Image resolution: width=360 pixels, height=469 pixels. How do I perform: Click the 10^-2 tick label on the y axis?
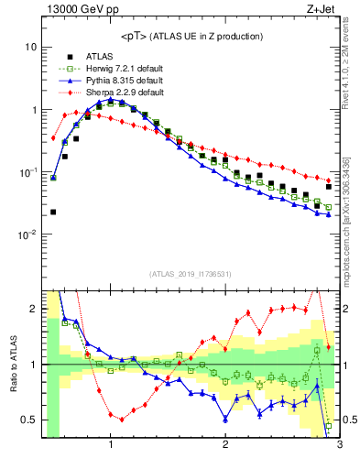pyautogui.click(x=28, y=234)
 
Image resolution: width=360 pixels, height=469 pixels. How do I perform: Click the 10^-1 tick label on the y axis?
pyautogui.click(x=28, y=172)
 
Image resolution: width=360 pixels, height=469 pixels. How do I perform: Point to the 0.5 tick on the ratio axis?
pyautogui.click(x=29, y=420)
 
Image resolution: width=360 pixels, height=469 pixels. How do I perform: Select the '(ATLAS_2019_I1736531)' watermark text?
pyautogui.click(x=190, y=274)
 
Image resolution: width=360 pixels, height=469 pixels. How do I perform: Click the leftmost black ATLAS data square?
pyautogui.click(x=53, y=212)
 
